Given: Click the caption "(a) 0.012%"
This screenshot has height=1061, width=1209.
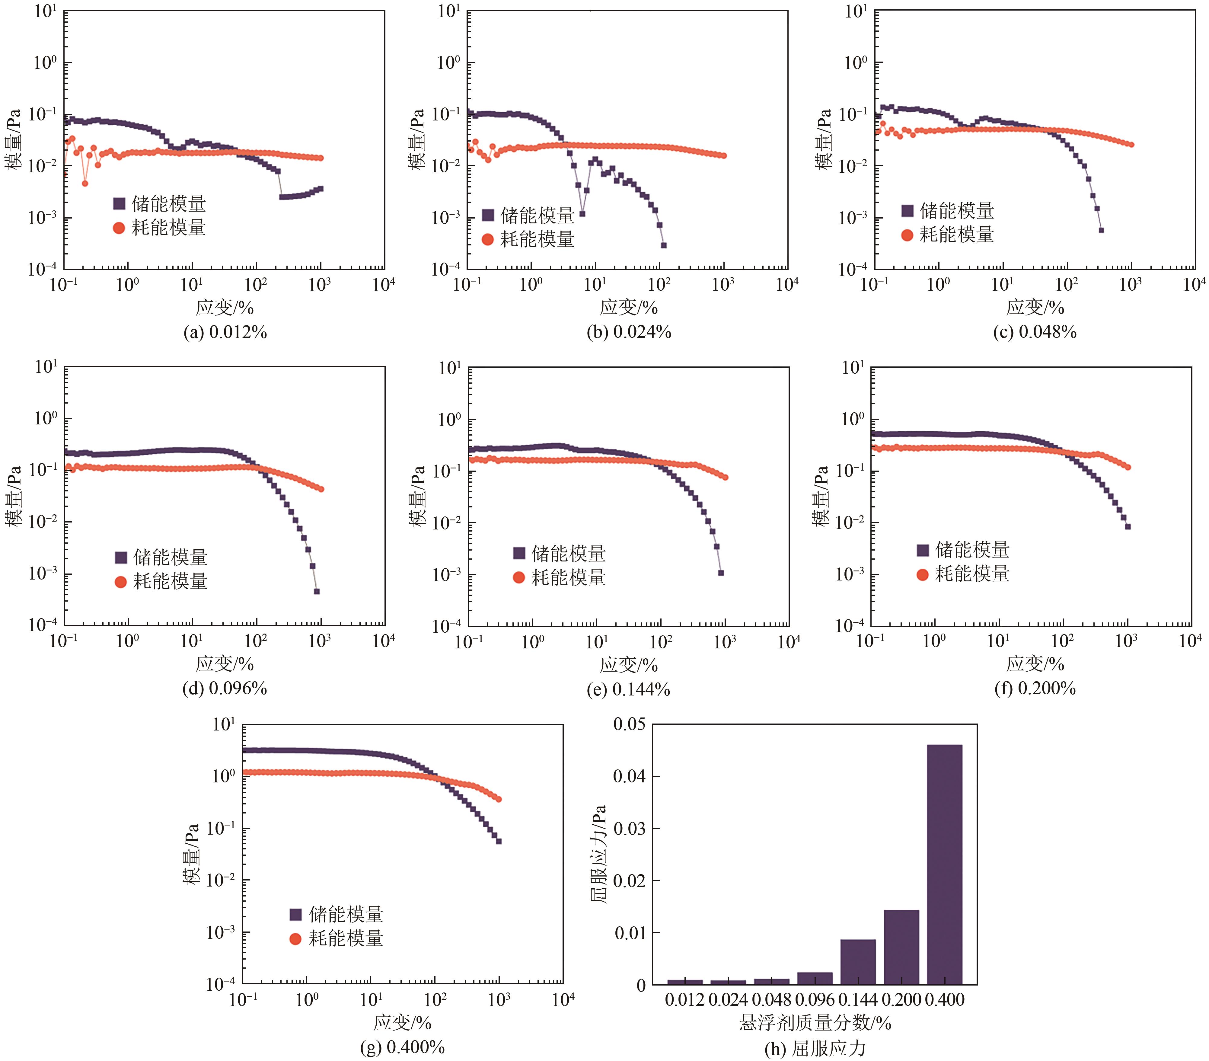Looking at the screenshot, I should (225, 333).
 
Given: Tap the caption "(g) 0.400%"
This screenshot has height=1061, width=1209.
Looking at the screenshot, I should (402, 1047).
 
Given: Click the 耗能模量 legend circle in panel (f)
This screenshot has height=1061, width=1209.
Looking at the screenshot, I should (922, 574).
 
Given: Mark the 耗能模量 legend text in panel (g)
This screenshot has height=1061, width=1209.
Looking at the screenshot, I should (346, 938).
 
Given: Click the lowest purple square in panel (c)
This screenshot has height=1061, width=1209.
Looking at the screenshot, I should (1101, 230).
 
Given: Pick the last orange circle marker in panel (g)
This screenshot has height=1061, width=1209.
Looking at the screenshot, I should (499, 799).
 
